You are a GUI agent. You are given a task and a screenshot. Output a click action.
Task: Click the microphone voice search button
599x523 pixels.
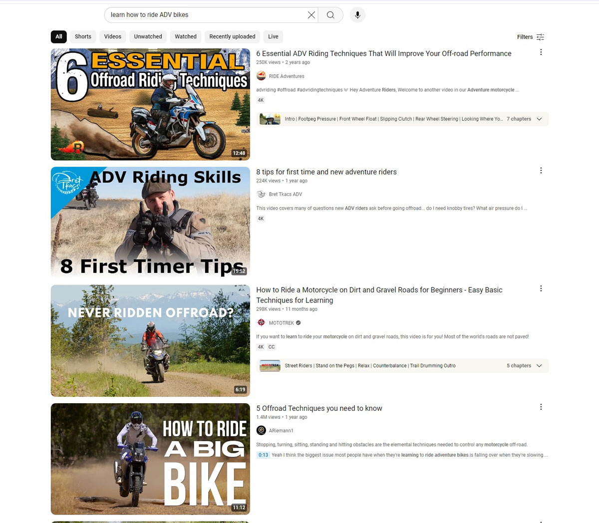point(357,15)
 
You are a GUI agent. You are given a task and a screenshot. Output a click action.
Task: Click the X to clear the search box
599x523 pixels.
point(311,15)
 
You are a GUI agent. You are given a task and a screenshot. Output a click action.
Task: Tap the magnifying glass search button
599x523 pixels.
point(330,15)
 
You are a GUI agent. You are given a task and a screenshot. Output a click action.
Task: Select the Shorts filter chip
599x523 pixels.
point(83,36)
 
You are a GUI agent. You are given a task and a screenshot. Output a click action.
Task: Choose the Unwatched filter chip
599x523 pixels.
point(148,36)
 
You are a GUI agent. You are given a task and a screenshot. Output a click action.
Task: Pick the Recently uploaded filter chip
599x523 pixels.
point(232,36)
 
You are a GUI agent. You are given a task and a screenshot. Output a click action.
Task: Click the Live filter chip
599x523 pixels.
point(273,36)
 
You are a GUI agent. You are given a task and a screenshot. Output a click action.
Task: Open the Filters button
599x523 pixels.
point(530,37)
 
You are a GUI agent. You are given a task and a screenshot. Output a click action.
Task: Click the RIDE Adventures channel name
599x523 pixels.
point(286,76)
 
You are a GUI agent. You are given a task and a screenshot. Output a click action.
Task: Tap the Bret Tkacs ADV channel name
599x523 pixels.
point(285,194)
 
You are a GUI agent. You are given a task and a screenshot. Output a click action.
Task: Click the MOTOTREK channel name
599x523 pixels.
point(281,323)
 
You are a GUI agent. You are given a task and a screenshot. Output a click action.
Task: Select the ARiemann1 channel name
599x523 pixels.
point(281,430)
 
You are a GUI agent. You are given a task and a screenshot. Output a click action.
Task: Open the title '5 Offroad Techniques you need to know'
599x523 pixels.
point(319,408)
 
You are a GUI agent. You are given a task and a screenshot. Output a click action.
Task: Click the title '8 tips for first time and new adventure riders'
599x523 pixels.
point(326,172)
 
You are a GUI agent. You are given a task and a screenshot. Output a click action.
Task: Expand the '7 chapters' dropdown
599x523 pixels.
point(524,119)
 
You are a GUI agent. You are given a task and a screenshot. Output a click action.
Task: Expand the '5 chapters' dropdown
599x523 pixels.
point(524,366)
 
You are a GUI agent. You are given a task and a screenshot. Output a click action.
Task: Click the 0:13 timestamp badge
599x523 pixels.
point(263,455)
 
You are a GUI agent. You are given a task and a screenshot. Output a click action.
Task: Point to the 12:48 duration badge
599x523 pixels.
point(239,153)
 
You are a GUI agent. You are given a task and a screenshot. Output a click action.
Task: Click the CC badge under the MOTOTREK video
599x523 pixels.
point(272,347)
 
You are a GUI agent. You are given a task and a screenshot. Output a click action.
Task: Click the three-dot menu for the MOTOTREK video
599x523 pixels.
point(541,288)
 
